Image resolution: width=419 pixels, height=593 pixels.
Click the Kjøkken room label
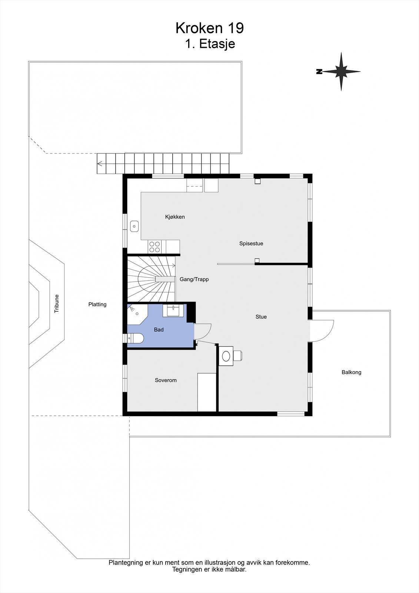point(175,217)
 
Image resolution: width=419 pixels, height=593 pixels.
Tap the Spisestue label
point(251,244)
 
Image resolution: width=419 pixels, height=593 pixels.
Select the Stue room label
point(261,317)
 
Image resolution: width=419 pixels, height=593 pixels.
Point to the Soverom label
point(166,380)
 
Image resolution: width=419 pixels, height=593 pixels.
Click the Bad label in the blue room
point(159,329)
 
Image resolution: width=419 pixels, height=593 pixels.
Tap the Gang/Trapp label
point(194,279)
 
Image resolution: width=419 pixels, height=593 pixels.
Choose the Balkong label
point(351,372)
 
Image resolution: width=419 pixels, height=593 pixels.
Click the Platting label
point(97,304)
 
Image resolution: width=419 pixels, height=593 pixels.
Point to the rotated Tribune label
point(57,304)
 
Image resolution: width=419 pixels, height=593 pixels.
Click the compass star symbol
point(341,72)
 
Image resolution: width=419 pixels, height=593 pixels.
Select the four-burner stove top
point(154,247)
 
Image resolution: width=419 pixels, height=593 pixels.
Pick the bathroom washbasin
point(173,311)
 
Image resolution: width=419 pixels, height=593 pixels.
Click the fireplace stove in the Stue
point(226,356)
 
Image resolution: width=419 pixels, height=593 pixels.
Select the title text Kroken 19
point(210,28)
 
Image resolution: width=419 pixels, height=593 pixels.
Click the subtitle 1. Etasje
point(210,44)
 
